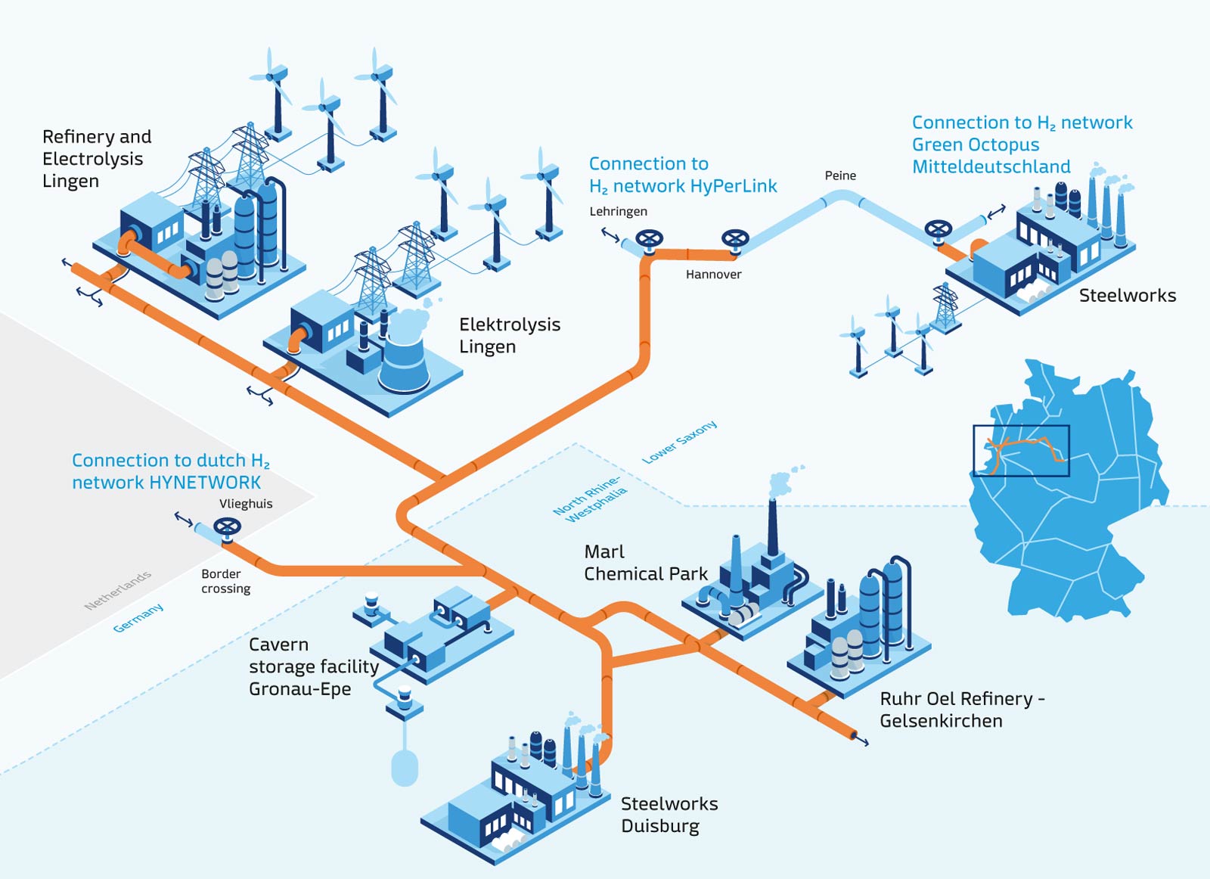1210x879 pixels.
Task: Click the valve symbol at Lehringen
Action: [x=649, y=240]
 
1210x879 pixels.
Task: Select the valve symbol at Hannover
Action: [x=735, y=240]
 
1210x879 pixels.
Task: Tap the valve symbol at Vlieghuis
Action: [x=227, y=527]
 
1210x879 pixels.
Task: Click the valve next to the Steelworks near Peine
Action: [x=939, y=229]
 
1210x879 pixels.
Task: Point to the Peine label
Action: [x=840, y=175]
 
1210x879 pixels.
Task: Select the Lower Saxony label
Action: [x=679, y=443]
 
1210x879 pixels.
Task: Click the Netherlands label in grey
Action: [x=117, y=591]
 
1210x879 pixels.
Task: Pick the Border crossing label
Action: [x=225, y=581]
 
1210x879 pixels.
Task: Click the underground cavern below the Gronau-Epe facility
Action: [x=405, y=766]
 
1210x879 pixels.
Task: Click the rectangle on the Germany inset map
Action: [x=1021, y=451]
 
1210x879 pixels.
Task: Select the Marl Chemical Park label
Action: [x=645, y=563]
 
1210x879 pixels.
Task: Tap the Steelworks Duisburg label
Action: [x=669, y=815]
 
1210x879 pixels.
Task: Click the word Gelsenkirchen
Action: [x=941, y=721]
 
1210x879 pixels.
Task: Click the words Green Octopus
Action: [x=976, y=144]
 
